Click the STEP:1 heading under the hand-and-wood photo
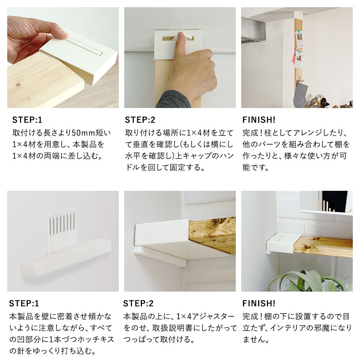27,120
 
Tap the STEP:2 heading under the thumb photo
140,120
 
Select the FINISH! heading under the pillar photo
259,120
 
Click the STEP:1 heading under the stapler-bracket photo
24,303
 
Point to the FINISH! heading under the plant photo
259,303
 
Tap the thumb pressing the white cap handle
181,44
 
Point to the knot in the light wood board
18,85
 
